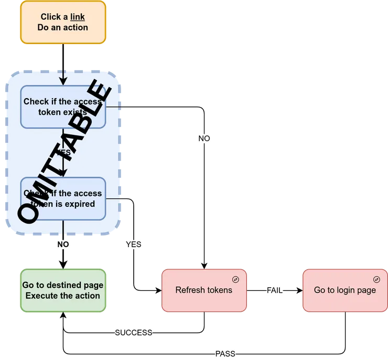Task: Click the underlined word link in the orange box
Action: click(78, 17)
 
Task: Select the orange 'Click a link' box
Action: click(63, 22)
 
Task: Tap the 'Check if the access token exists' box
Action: click(63, 107)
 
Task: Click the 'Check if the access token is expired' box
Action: click(63, 198)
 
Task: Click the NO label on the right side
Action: click(204, 139)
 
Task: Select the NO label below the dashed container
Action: click(63, 245)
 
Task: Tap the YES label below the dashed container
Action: click(134, 245)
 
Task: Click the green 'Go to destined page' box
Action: click(63, 290)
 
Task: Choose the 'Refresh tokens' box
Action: click(203, 290)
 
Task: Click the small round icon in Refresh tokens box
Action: click(236, 279)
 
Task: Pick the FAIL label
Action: click(275, 290)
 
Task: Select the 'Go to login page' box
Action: click(344, 290)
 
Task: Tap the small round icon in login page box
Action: click(376, 279)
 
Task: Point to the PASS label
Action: click(226, 354)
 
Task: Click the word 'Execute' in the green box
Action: click(43, 295)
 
